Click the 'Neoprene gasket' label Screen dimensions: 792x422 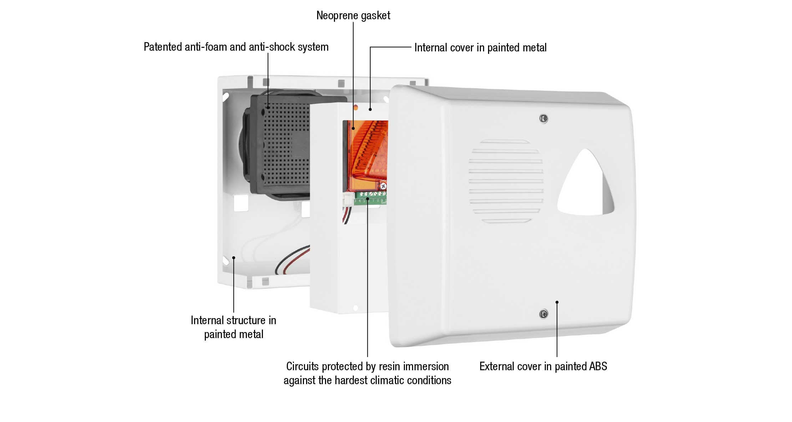click(x=353, y=16)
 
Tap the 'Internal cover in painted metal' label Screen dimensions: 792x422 click(x=480, y=47)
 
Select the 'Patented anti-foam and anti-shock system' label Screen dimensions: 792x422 click(x=236, y=47)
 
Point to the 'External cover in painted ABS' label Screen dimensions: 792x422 click(x=543, y=366)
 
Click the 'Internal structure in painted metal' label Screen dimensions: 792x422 click(x=233, y=327)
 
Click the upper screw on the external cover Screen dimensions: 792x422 click(x=543, y=119)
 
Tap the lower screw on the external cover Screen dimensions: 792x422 click(x=543, y=314)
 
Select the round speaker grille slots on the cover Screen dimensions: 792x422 click(x=506, y=181)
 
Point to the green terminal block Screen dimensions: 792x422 click(x=370, y=198)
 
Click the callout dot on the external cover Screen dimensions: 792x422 click(x=557, y=302)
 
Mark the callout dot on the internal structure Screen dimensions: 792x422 click(x=234, y=257)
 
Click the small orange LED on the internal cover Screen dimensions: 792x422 click(x=355, y=107)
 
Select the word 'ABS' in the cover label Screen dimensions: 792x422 click(x=598, y=366)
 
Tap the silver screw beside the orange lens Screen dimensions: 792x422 click(x=383, y=186)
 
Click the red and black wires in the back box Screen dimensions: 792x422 click(x=293, y=260)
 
